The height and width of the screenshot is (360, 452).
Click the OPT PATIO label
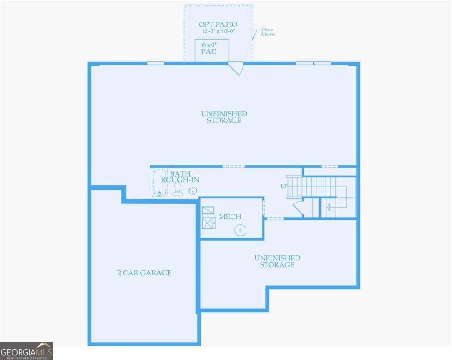218,24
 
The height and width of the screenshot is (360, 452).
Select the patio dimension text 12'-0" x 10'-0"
218,31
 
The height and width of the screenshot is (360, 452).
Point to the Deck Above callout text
267,32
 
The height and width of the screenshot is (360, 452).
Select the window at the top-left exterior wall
156,63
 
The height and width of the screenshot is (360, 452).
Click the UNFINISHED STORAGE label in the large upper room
224,117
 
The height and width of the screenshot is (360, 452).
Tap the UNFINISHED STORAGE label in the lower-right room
277,261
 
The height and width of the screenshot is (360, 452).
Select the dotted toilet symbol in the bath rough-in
178,189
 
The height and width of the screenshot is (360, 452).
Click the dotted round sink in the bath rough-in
193,191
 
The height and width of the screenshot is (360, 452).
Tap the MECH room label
230,217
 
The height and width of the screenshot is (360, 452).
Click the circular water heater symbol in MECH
240,231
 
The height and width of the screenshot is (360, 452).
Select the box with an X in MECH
208,223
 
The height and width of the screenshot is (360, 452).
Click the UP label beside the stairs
284,186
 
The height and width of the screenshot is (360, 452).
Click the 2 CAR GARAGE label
144,273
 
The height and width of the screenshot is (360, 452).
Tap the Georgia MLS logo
26,351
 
